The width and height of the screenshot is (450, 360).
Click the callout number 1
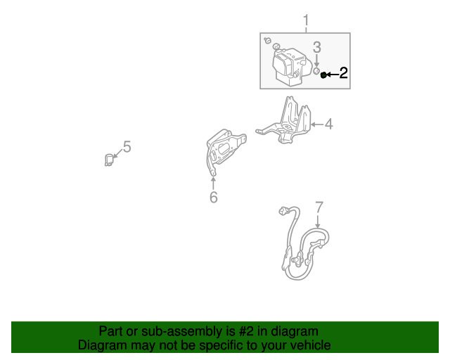click(x=306, y=20)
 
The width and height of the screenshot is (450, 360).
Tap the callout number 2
click(x=343, y=73)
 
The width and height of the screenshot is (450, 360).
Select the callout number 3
click(x=317, y=47)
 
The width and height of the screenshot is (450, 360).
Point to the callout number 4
click(x=328, y=124)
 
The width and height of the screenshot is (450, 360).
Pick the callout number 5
click(x=127, y=146)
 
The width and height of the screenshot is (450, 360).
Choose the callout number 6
click(x=213, y=198)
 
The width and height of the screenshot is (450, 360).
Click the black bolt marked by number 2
click(x=323, y=74)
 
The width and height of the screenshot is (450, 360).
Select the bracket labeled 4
click(x=288, y=120)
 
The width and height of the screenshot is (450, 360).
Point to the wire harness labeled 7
click(x=302, y=243)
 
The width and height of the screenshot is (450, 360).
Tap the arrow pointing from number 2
click(x=332, y=74)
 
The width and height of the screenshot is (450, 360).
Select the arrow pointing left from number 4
click(x=316, y=124)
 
